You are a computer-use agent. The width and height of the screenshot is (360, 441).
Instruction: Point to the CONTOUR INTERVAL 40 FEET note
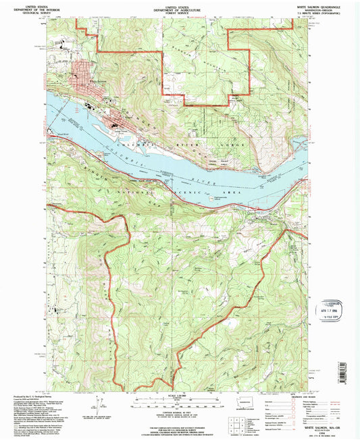click(x=179, y=411)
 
